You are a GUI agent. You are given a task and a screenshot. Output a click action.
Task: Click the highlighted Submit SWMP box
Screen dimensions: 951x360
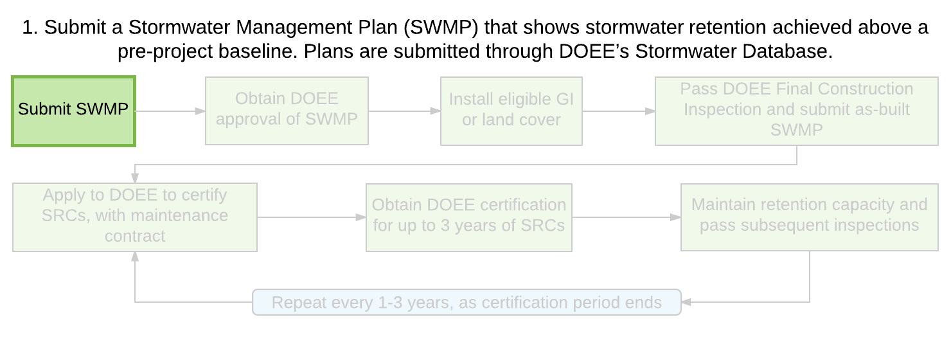pos(73,111)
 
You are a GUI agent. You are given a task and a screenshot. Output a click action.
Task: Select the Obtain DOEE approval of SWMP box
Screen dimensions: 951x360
pos(287,111)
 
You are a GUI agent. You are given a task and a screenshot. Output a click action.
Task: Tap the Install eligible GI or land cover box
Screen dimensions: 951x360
pos(511,111)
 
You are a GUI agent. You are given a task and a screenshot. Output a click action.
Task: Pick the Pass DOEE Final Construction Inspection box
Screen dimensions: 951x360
pos(797,111)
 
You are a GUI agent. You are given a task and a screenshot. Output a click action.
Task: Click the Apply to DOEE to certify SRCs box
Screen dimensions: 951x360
pos(134,217)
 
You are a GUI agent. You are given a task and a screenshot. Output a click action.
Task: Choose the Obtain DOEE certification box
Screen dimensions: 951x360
pos(468,217)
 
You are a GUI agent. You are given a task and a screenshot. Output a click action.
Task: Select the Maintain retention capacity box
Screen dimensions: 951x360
pos(809,217)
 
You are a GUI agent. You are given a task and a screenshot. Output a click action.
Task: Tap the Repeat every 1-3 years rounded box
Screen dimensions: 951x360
pos(467,302)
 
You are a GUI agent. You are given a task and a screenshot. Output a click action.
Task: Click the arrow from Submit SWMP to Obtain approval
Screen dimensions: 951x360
pos(170,111)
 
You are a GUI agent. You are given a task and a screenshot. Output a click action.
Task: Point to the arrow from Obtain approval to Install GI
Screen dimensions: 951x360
pos(404,111)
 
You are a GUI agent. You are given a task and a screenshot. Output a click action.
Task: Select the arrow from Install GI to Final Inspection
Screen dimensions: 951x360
pos(619,111)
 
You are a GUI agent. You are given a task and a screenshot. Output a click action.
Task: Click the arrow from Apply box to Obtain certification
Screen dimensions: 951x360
pos(312,217)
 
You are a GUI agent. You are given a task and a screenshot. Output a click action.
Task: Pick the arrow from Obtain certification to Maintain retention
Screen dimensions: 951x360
pos(627,217)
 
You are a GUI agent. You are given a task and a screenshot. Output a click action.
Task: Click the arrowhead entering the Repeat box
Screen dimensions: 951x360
pos(686,302)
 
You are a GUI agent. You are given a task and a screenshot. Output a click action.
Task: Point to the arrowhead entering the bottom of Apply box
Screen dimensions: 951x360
pos(135,256)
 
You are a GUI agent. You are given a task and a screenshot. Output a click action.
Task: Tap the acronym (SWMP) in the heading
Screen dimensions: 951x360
pos(441,28)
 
